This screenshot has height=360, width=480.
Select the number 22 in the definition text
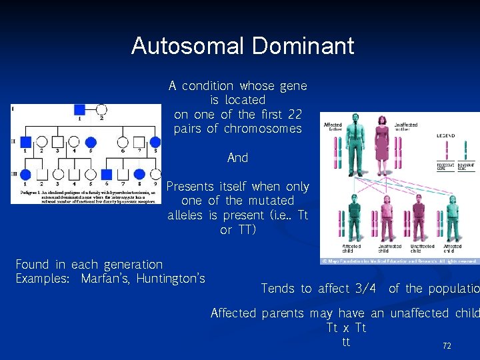coord(295,114)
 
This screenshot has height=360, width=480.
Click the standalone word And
coord(237,158)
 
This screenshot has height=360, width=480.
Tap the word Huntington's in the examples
coord(171,278)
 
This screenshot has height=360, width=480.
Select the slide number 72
coord(447,346)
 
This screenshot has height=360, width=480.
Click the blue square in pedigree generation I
coord(79,109)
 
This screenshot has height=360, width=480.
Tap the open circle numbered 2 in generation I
coord(101,109)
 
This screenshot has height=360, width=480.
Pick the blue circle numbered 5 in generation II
coord(91,141)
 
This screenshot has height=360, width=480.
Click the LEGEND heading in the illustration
coord(446,135)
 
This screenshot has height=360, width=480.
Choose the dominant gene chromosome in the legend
coord(465,153)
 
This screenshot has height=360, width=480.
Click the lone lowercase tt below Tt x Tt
coord(345,342)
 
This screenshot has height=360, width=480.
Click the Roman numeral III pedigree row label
coord(13,173)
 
